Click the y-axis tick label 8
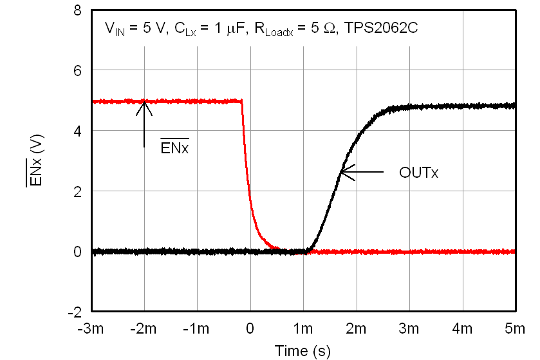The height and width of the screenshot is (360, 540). pyautogui.click(x=77, y=10)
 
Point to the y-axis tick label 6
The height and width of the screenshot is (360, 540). pyautogui.click(x=77, y=70)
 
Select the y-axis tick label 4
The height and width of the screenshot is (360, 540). pyautogui.click(x=77, y=131)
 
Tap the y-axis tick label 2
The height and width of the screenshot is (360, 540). pyautogui.click(x=77, y=191)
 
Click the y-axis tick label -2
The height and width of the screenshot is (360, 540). pyautogui.click(x=75, y=312)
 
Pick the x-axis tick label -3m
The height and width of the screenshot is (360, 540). pyautogui.click(x=92, y=329)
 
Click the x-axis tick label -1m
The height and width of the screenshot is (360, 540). pyautogui.click(x=198, y=329)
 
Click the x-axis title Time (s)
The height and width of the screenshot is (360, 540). pyautogui.click(x=303, y=351)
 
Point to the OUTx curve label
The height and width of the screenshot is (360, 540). pyautogui.click(x=418, y=173)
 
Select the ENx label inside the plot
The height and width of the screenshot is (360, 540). pyautogui.click(x=174, y=147)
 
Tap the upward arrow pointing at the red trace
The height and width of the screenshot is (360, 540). pyautogui.click(x=145, y=122)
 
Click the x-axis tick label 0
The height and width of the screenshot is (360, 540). pyautogui.click(x=250, y=329)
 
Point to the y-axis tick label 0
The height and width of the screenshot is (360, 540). pyautogui.click(x=77, y=252)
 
